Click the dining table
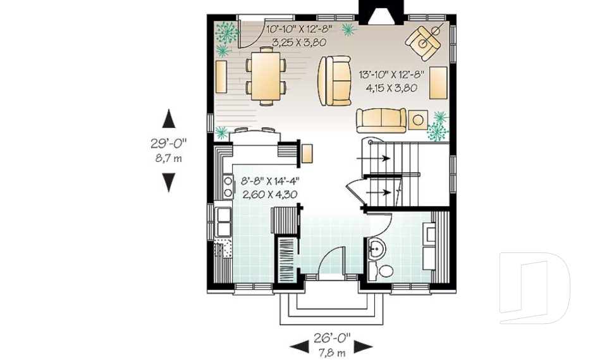(x=265, y=77)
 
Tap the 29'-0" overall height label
(x=168, y=144)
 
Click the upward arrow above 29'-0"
(x=168, y=119)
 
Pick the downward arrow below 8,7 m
(x=168, y=182)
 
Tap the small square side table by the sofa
(x=417, y=119)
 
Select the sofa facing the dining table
(x=334, y=80)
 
